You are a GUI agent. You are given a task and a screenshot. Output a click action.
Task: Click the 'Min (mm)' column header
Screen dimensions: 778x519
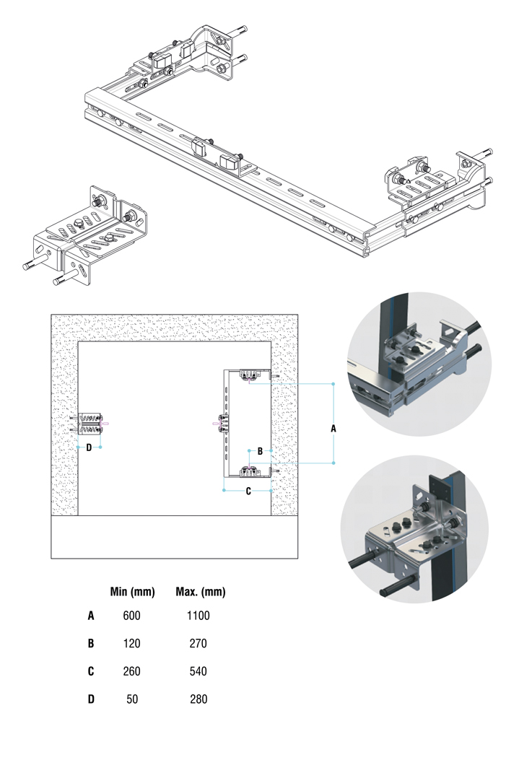pos(132,593)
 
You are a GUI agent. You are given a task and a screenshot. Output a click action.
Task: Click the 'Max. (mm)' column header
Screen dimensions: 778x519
pos(201,593)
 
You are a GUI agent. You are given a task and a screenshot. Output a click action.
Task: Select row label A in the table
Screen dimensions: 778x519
pos(91,616)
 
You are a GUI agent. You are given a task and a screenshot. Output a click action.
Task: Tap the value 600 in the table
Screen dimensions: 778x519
pos(131,616)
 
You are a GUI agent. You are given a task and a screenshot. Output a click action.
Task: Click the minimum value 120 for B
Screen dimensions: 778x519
pos(131,644)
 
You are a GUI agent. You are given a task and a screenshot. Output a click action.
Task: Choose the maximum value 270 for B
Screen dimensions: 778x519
pos(198,644)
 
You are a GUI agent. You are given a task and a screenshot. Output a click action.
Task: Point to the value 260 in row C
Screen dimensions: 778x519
pos(131,672)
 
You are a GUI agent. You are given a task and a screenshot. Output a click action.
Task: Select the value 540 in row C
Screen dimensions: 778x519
pos(198,672)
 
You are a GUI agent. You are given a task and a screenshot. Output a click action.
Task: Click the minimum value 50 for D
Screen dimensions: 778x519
pos(131,699)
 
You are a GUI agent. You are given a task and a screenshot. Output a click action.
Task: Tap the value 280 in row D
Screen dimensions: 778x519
pos(198,699)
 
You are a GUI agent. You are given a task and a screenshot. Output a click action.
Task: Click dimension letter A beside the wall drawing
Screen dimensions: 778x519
pos(333,428)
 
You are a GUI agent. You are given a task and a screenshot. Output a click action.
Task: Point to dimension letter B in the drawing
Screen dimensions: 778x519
pos(261,451)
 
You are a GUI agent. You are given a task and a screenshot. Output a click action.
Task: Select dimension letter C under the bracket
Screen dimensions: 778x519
pos(248,491)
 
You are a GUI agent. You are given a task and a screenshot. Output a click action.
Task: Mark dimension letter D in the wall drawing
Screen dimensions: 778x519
pos(89,447)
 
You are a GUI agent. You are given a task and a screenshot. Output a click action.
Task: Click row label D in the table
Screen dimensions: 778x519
pos(91,699)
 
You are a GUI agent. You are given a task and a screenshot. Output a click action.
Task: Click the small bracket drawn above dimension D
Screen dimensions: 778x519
pos(90,424)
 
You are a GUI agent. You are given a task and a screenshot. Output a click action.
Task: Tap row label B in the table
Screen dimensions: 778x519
pos(91,644)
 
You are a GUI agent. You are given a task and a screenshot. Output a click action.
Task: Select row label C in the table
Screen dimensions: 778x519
pos(91,672)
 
